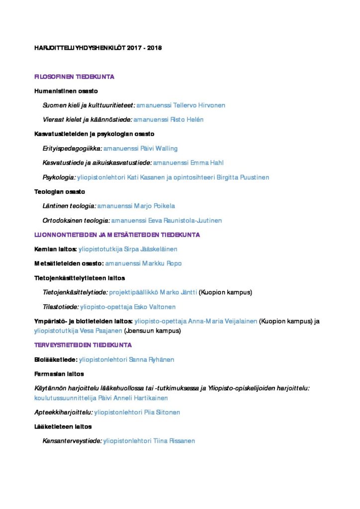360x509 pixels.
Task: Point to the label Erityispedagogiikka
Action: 72,149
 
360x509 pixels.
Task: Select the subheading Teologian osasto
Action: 60,192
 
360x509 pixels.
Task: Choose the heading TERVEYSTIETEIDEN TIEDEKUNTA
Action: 83,345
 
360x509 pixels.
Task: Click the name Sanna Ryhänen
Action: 152,359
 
